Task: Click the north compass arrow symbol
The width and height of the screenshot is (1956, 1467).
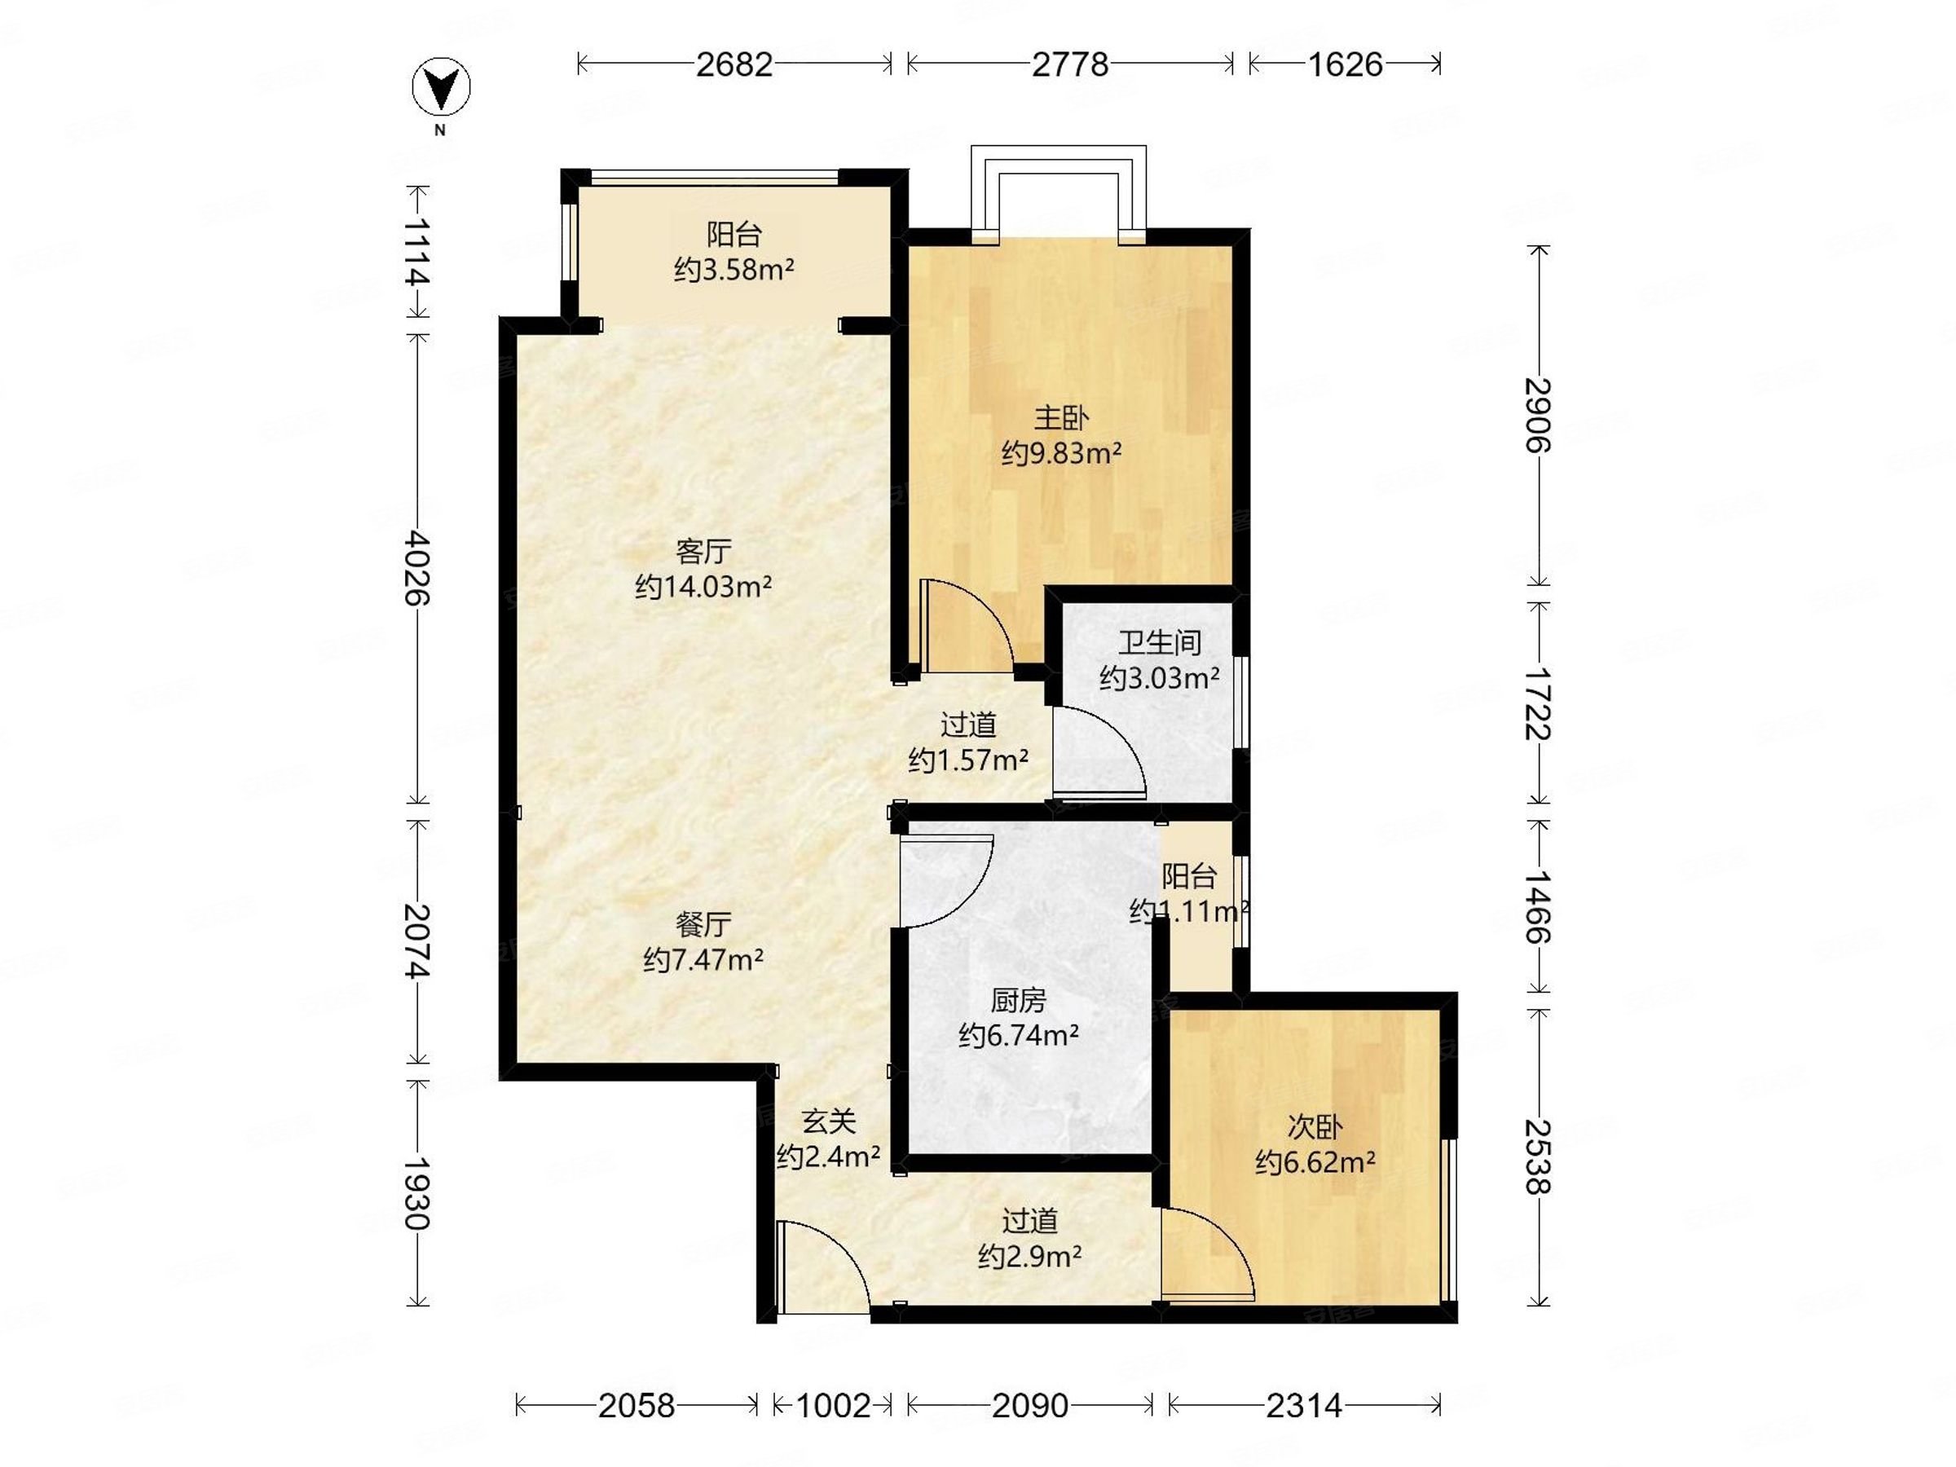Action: tap(441, 86)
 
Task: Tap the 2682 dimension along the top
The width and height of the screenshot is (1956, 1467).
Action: tap(734, 64)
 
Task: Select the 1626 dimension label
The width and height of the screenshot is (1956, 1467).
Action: tap(1344, 64)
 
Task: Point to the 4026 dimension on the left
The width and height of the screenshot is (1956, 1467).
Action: tap(416, 568)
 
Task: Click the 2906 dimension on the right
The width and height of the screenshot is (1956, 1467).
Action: tap(1539, 415)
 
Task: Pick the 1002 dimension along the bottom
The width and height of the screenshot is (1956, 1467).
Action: tap(832, 1405)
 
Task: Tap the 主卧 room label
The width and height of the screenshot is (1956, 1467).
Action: tap(1061, 417)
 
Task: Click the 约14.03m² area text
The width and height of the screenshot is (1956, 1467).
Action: tap(704, 586)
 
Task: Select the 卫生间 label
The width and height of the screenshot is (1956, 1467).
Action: tap(1159, 642)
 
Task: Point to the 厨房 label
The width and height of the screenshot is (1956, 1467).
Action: tap(1018, 1000)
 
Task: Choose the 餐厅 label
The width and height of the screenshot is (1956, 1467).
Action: tap(703, 924)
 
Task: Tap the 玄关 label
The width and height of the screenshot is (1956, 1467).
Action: tap(829, 1121)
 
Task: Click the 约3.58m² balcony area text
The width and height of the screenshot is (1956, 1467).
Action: tap(734, 270)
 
